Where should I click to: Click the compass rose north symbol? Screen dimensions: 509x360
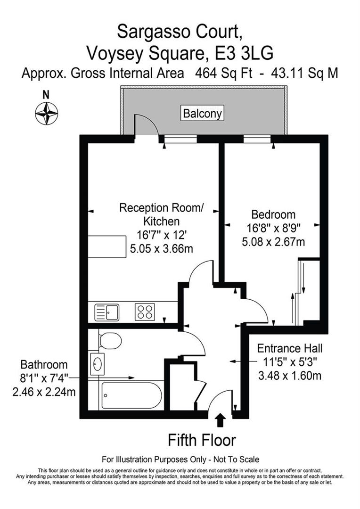tap(46, 113)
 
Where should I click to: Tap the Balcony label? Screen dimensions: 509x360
tap(203, 114)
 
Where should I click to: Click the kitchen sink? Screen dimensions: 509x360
tap(107, 312)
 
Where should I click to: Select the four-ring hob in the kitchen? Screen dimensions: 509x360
tap(145, 312)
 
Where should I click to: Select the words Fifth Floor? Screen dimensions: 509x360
tap(202, 440)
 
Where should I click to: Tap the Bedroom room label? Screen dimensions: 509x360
tap(273, 214)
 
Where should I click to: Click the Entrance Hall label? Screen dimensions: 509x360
tap(290, 349)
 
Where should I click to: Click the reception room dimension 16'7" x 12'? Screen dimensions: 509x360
tap(161, 234)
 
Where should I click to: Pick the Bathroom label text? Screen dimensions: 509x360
tap(44, 365)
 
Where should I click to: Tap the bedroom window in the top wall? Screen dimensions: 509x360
tap(254, 139)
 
